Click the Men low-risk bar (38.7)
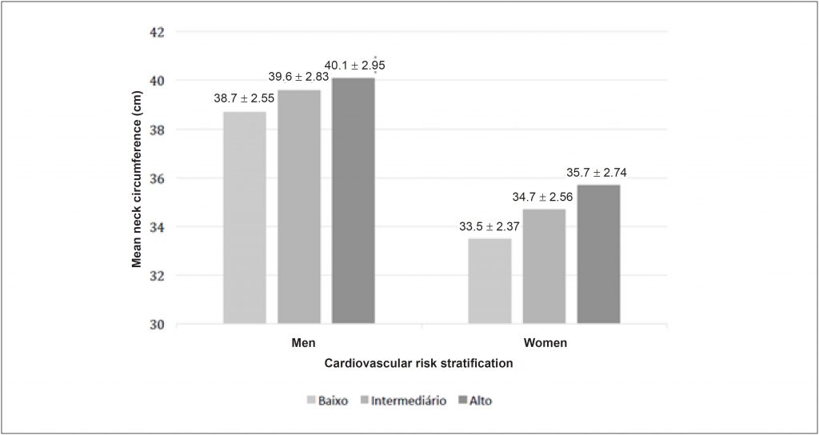pos(245,217)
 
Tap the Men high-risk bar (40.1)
pos(353,200)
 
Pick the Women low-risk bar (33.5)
pos(489,281)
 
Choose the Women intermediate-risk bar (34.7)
pos(544,266)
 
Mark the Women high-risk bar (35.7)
pos(598,254)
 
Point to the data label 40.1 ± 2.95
pos(360,65)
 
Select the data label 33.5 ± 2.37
pos(489,227)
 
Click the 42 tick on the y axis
pos(157,33)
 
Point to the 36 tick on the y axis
pos(157,179)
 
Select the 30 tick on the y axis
pos(157,325)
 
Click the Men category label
pos(303,343)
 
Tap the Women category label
pos(545,343)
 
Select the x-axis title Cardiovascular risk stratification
pos(418,363)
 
